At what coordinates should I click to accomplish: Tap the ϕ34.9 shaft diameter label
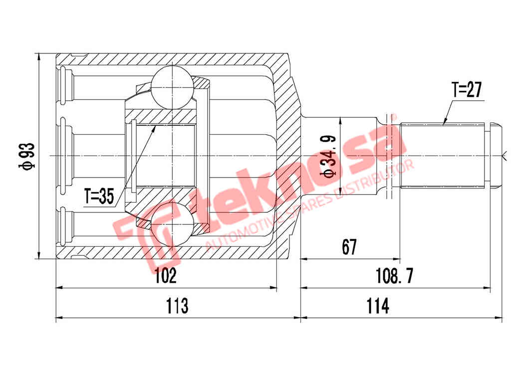point(329,157)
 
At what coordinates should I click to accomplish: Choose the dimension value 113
point(177,305)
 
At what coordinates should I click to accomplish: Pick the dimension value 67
point(349,247)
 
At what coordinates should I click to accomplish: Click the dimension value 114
point(378,305)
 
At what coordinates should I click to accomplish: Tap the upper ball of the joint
point(172,87)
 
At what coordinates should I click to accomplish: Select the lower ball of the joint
point(172,225)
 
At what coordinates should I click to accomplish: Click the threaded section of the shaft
point(442,155)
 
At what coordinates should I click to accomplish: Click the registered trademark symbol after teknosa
point(392,117)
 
